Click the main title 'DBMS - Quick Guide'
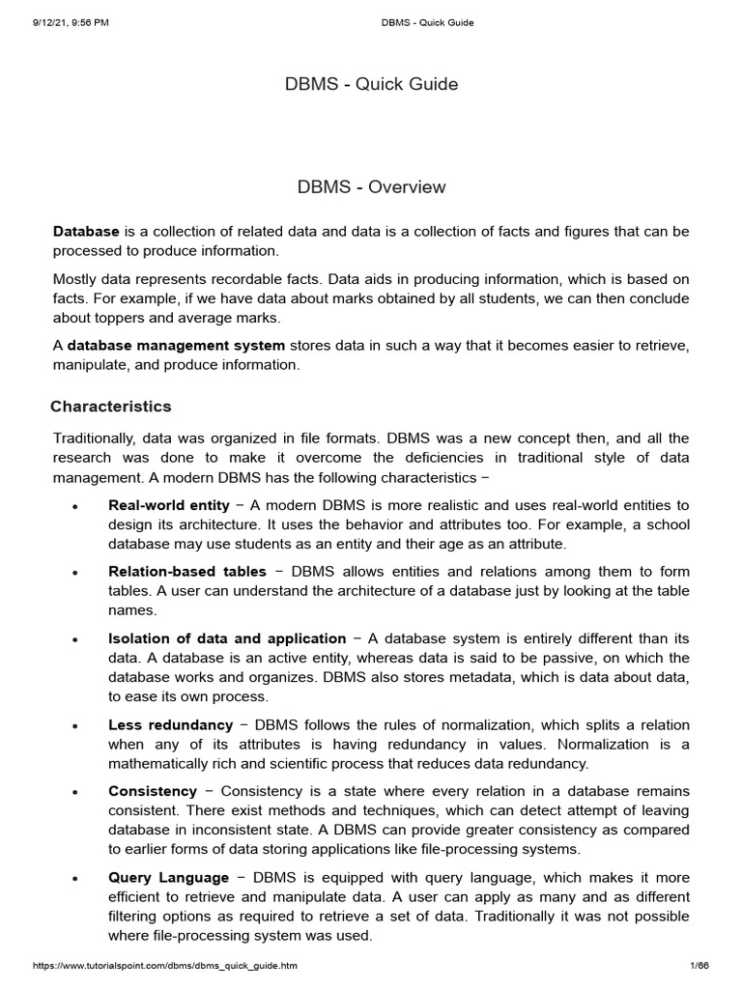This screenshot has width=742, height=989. [371, 84]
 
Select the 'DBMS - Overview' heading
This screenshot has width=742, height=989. [371, 187]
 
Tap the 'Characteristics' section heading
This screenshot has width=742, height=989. [112, 407]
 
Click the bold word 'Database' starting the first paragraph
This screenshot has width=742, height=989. [86, 232]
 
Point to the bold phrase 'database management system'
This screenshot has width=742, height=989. [176, 346]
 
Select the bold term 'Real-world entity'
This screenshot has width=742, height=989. [169, 505]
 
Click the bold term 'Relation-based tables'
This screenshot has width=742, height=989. [186, 572]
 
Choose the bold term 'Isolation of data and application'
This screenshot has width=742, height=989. [227, 638]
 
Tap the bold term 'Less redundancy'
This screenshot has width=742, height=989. [170, 724]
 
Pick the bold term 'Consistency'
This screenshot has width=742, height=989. [153, 791]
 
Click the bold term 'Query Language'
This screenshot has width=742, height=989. [168, 877]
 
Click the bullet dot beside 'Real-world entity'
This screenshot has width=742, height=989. [75, 506]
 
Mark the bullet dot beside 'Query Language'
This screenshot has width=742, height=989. [75, 878]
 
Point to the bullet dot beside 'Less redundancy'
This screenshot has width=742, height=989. [75, 725]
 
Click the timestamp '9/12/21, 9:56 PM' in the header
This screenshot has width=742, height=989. [69, 23]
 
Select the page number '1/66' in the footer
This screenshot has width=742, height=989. [699, 967]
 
